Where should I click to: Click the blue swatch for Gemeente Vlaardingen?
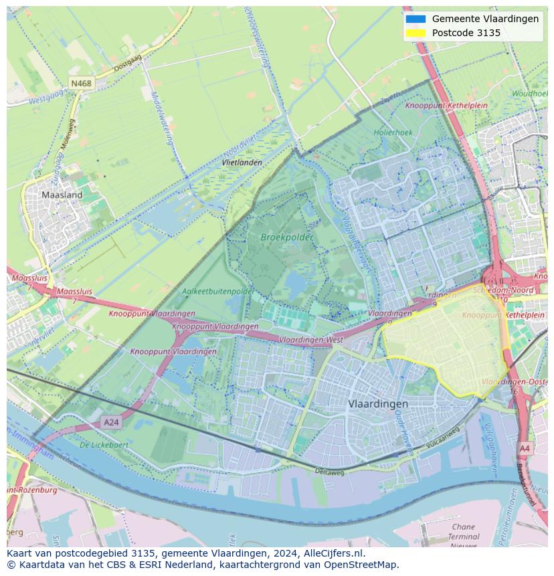coord(415,19)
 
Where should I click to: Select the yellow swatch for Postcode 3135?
coord(415,33)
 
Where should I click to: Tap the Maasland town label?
coord(62,195)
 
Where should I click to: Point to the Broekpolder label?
coord(286,237)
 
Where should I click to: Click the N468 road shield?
coord(81,84)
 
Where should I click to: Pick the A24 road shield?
coord(111,422)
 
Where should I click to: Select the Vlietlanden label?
coord(242,163)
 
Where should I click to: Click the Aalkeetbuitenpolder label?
coord(218,292)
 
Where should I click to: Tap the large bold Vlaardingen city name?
coord(378,405)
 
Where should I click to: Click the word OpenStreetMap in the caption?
coord(361,565)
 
